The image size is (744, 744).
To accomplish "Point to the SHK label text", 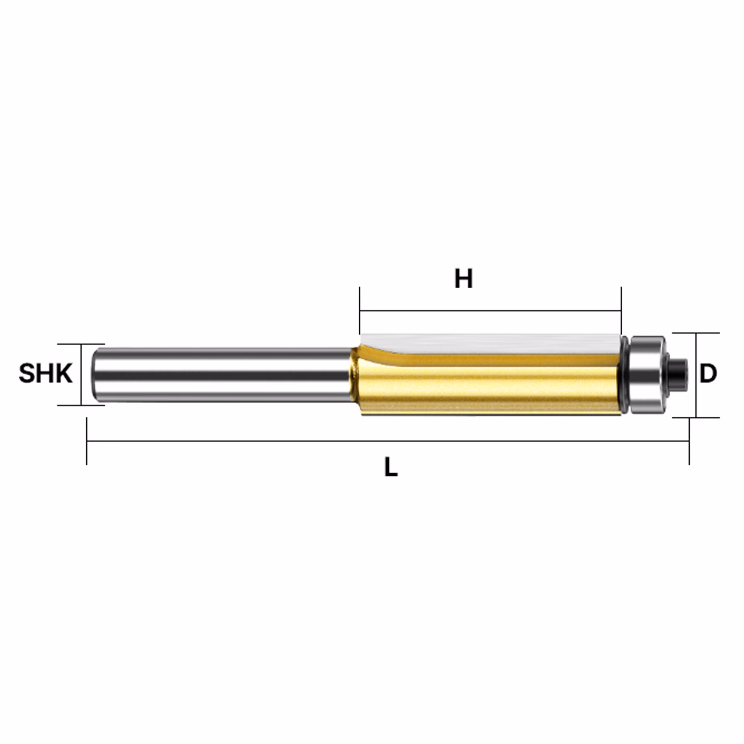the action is (x=46, y=373).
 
